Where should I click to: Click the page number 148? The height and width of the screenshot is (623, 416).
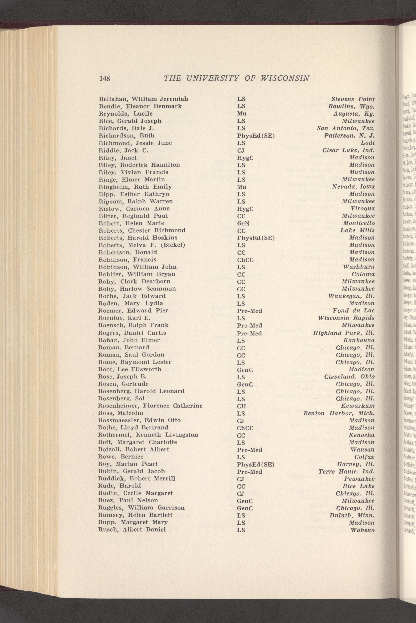pos(105,78)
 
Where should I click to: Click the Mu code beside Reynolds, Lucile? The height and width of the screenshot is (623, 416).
pos(242,114)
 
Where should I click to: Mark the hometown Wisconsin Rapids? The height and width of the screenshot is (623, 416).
pos(346,318)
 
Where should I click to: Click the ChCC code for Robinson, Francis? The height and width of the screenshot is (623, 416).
pos(245,260)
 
